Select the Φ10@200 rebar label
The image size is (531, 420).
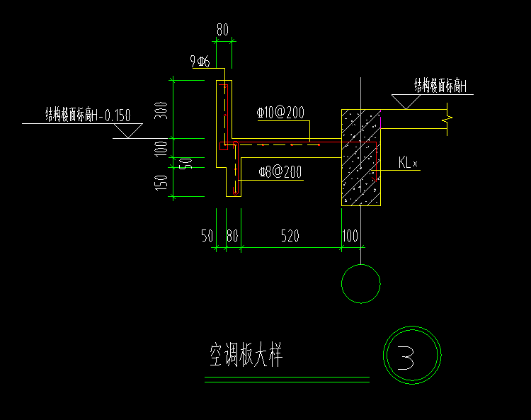[x=280, y=113]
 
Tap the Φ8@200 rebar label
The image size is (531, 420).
[x=280, y=171]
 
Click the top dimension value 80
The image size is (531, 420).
[x=223, y=30]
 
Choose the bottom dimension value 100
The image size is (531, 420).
[x=350, y=237]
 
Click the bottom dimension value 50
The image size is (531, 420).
[x=207, y=237]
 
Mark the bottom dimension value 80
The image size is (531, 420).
[x=232, y=237]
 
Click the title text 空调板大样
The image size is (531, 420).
[x=246, y=356]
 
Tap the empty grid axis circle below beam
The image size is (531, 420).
[x=360, y=283]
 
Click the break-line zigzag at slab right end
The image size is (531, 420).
[x=445, y=119]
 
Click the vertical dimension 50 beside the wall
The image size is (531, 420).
[x=185, y=163]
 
